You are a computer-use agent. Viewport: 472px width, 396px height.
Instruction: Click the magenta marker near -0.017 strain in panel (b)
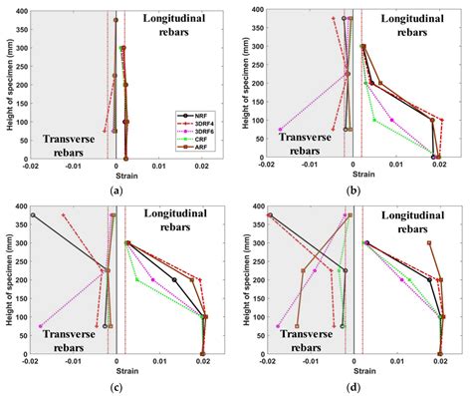[280, 129]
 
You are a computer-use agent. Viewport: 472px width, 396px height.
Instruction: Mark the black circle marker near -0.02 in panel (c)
[33, 214]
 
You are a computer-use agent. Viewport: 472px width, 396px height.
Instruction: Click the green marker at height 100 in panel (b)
[374, 120]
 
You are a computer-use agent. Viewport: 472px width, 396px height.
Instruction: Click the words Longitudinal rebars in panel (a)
[178, 25]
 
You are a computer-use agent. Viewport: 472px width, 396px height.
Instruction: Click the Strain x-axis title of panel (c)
[118, 371]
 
